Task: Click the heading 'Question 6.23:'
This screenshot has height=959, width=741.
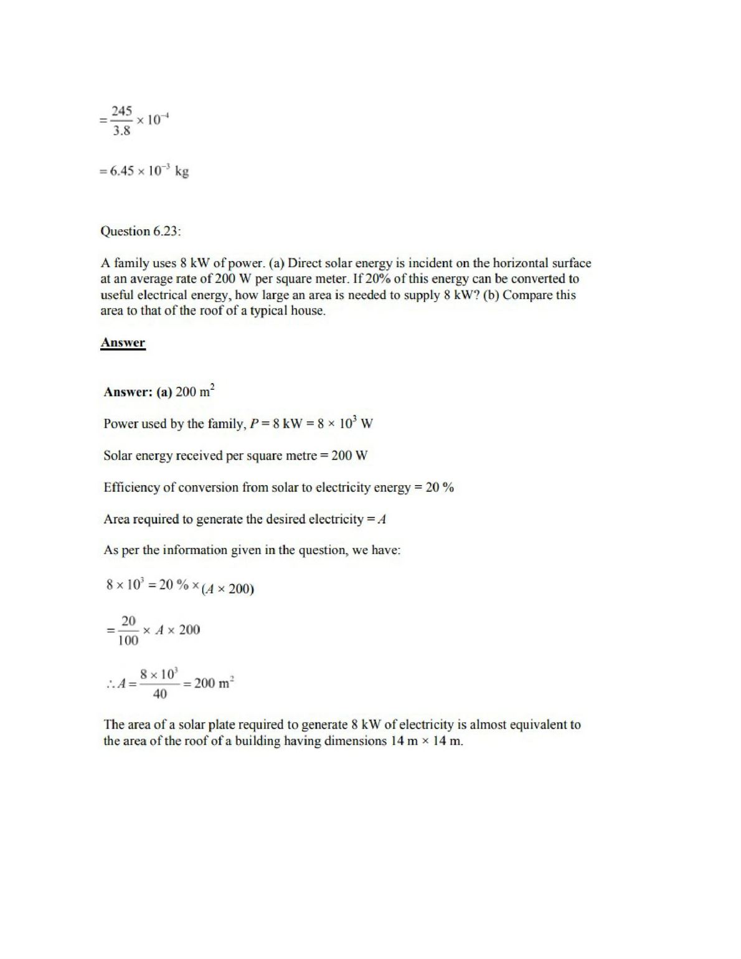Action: [141, 232]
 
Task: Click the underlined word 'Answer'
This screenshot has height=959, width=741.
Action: [123, 343]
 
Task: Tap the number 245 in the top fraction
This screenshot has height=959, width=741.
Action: [121, 111]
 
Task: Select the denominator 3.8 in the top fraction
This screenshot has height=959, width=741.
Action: [121, 131]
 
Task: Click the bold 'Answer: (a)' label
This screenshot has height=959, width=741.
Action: [137, 392]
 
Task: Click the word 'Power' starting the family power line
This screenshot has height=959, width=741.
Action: [121, 424]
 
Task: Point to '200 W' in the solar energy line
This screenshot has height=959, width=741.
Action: [349, 456]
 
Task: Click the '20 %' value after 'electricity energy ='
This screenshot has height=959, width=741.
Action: [440, 488]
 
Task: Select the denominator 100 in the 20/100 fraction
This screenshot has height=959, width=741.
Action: [128, 641]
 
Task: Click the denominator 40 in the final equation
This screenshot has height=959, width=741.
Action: [159, 694]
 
